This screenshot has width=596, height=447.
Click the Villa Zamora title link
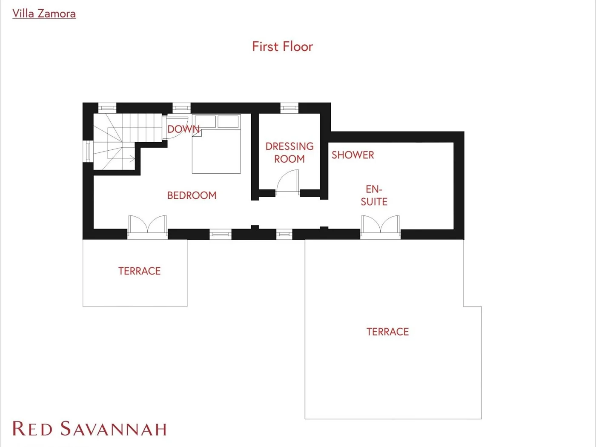click(44, 14)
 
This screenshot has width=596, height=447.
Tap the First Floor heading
click(282, 46)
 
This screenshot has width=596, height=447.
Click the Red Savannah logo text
click(89, 429)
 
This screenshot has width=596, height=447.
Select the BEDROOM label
click(192, 195)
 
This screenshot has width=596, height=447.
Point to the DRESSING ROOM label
click(289, 152)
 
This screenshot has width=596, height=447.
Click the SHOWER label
click(353, 155)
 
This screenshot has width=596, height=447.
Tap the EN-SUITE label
click(374, 195)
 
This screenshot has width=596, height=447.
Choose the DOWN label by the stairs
click(183, 129)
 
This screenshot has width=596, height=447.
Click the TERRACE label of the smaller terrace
click(139, 271)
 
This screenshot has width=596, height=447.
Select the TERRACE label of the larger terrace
click(387, 332)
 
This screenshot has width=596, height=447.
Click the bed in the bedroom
click(216, 143)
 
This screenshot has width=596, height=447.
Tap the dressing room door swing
click(287, 181)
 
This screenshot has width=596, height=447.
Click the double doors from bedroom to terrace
click(147, 224)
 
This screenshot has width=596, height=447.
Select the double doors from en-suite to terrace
click(380, 224)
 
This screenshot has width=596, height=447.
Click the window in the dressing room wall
click(289, 108)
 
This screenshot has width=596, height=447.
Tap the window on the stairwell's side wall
click(88, 151)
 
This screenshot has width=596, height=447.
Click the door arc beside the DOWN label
click(177, 128)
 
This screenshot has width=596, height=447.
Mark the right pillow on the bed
click(228, 122)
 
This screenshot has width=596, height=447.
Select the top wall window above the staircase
click(107, 108)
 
